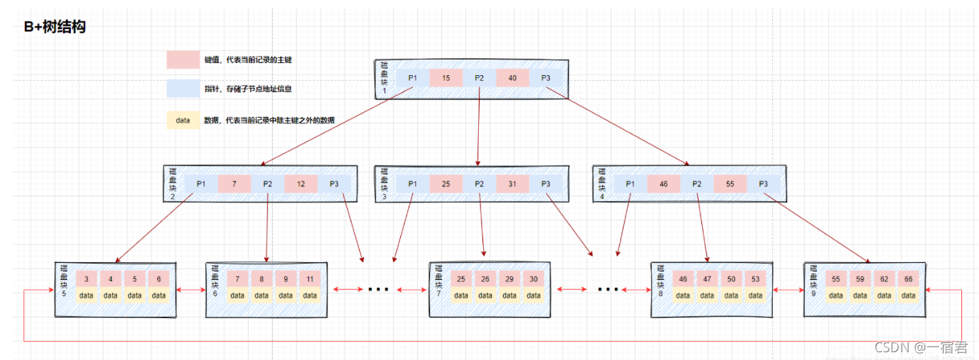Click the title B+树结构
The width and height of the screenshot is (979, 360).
[x=55, y=28]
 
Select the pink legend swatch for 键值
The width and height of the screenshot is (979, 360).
[x=183, y=60]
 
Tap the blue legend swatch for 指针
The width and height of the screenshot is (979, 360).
[x=183, y=89]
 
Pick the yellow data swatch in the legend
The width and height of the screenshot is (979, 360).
[x=183, y=120]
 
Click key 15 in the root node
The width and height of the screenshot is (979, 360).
[x=446, y=78]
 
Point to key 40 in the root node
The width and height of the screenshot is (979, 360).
[x=512, y=78]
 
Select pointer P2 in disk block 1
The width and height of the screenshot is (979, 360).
[x=479, y=78]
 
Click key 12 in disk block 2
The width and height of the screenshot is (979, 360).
[x=301, y=184]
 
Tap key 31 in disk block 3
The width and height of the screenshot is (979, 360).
[x=512, y=184]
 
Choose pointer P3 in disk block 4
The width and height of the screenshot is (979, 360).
[x=763, y=184]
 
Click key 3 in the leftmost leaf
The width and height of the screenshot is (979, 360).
[x=86, y=279]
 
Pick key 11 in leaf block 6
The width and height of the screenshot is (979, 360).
[x=310, y=279]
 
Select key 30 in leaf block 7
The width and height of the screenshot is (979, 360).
[x=533, y=279]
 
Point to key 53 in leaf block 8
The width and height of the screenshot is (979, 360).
[x=755, y=279]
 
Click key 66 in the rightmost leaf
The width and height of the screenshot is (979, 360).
[x=908, y=279]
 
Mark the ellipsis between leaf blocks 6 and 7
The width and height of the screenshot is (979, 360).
[x=378, y=289]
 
